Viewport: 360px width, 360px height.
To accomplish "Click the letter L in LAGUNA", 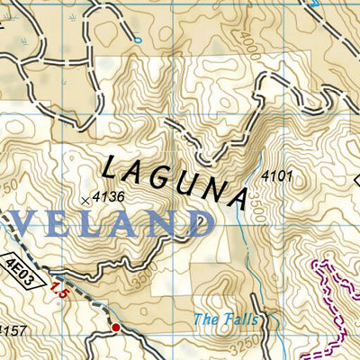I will tap(111, 166).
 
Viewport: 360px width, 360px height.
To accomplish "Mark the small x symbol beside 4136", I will tap(85, 200).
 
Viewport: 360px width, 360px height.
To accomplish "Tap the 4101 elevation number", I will tap(277, 177).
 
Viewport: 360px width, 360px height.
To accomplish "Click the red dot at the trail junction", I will tap(115, 327).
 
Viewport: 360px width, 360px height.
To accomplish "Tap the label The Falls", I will tap(225, 319).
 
